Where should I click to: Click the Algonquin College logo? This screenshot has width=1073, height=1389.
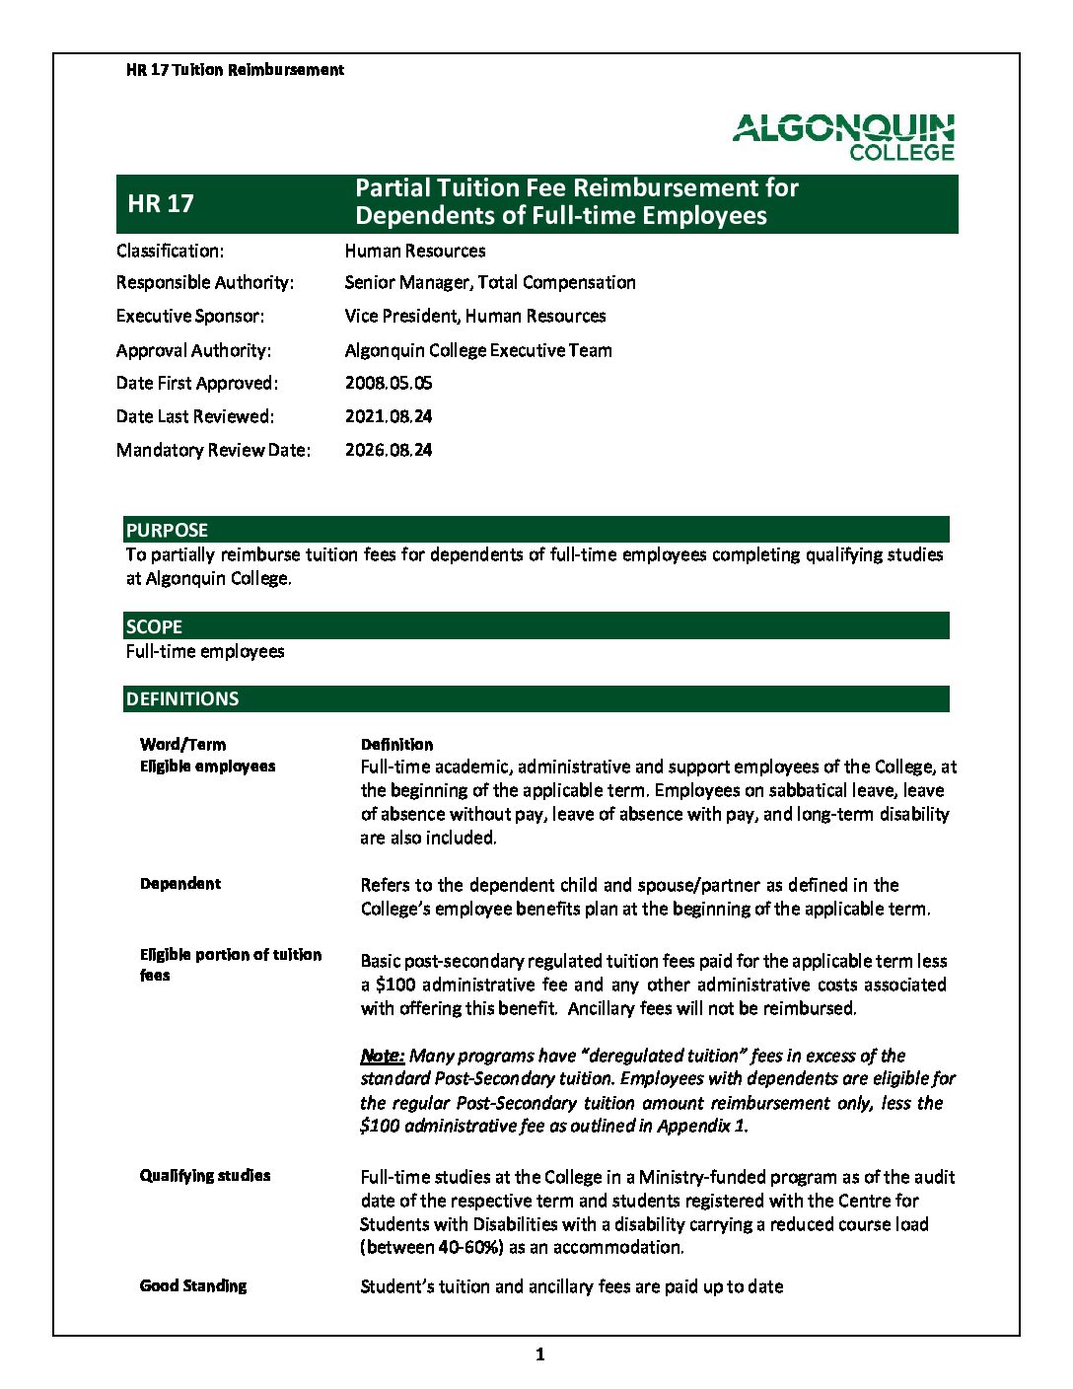[843, 137]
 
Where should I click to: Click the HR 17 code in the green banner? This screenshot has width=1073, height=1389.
[161, 203]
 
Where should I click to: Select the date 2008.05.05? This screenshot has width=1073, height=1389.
[389, 383]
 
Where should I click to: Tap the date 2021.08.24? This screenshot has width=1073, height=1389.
[389, 416]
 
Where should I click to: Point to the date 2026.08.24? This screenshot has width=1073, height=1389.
[389, 450]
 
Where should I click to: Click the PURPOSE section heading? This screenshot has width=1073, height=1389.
[167, 530]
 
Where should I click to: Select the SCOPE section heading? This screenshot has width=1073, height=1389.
[154, 626]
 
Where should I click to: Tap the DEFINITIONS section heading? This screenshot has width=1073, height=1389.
[182, 698]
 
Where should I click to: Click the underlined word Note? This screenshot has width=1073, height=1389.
[383, 1056]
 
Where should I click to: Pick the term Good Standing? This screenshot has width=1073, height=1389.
[193, 1285]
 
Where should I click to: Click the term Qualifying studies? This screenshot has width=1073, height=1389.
[205, 1175]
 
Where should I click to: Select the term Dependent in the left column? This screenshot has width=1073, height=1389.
[180, 883]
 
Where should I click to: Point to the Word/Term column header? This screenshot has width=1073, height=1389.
[182, 744]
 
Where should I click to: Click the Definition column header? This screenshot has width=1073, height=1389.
[396, 744]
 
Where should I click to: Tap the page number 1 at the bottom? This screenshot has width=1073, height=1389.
[539, 1354]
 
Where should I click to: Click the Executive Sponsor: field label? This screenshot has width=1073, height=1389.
[190, 316]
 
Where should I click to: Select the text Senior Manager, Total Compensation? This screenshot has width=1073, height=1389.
[490, 282]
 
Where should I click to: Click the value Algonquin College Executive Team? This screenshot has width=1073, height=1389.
[478, 350]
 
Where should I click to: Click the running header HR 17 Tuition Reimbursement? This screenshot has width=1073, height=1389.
[235, 70]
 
